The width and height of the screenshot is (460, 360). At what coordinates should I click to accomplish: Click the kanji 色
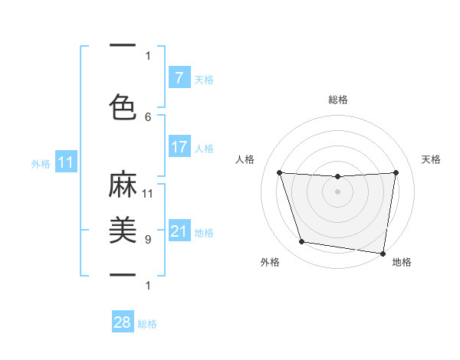123,106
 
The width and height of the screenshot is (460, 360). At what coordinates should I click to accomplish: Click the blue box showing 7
179,78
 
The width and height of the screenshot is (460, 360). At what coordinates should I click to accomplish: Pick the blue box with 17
179,147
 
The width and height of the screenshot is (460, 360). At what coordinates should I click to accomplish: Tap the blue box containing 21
179,231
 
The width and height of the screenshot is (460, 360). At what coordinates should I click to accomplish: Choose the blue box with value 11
66,162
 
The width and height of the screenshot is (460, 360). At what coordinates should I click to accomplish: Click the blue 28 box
122,323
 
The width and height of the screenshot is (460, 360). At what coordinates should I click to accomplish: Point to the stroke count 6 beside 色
148,116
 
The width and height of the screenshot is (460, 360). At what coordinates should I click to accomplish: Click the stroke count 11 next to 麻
148,193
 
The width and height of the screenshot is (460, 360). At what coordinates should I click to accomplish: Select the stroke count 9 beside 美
148,239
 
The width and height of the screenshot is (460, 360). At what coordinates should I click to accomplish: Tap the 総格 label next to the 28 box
147,324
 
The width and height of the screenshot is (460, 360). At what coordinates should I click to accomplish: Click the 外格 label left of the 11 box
41,163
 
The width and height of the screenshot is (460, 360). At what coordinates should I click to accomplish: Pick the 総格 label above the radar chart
337,100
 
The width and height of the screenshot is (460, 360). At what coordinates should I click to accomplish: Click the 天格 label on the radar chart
431,159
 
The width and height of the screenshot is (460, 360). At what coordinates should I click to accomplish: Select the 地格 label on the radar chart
402,262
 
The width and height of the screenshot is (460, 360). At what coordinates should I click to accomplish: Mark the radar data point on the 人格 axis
279,173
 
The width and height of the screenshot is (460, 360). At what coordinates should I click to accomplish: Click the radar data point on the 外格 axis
302,242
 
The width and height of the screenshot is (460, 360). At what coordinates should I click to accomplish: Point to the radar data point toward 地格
383,253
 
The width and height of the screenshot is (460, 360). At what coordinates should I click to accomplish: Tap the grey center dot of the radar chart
337,191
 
